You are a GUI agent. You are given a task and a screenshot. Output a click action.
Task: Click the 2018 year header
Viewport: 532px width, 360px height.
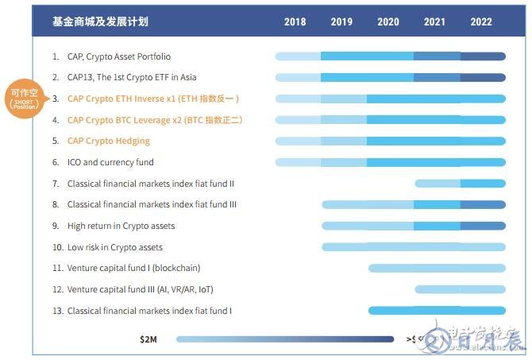coord(295,22)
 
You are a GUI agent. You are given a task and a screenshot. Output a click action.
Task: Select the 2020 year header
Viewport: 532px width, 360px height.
coord(388,22)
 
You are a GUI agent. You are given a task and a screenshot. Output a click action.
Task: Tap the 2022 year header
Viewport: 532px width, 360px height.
coord(481,22)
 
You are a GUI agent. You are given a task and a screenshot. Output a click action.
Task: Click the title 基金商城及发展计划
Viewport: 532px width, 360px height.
coord(100,22)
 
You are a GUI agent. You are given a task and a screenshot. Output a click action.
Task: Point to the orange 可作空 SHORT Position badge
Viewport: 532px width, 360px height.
coord(24,99)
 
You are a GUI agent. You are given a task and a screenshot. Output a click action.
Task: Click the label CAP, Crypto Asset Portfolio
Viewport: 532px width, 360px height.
coord(118,56)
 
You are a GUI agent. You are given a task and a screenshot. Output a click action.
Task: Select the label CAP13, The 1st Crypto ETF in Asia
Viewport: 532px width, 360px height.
coord(132,78)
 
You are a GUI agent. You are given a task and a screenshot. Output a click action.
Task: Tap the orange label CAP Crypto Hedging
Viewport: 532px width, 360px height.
coord(109,141)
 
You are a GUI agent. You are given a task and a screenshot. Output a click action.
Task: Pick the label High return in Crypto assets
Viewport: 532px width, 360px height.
coord(121,226)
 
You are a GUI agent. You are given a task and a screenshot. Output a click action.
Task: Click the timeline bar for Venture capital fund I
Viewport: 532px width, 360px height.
coord(437,268)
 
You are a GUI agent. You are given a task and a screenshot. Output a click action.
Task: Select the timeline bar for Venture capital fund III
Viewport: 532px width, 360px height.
coord(460,289)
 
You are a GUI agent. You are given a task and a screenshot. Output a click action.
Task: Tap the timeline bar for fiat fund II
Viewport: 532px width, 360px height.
coord(460,184)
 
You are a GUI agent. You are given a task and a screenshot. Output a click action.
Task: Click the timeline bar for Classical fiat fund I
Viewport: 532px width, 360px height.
coord(437,311)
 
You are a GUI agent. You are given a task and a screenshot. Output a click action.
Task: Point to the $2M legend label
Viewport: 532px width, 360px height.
coord(148,339)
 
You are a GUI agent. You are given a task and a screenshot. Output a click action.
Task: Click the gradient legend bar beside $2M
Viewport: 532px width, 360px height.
coord(285,339)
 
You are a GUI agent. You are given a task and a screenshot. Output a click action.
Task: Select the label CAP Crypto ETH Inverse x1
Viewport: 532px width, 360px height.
coord(152,99)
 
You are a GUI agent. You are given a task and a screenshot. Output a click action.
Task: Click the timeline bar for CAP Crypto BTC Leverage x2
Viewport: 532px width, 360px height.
coord(390,120)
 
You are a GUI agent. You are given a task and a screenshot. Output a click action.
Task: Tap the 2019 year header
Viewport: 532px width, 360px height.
coord(341,22)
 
